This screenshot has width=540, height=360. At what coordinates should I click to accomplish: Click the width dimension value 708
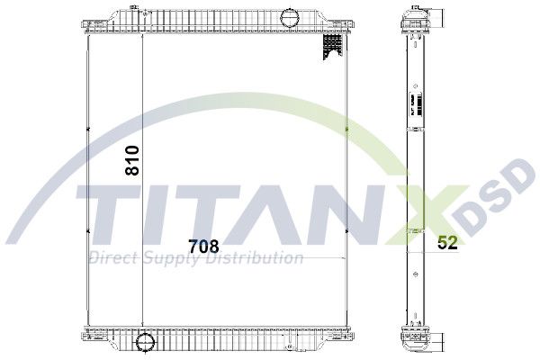pos(203,244)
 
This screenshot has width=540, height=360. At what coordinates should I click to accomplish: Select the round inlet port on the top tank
pos(292,17)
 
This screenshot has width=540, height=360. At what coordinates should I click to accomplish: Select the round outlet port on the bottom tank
pos(144,342)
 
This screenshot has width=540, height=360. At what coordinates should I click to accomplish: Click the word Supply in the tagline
pos(170,258)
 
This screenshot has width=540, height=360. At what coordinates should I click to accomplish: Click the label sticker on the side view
pos(415,110)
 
